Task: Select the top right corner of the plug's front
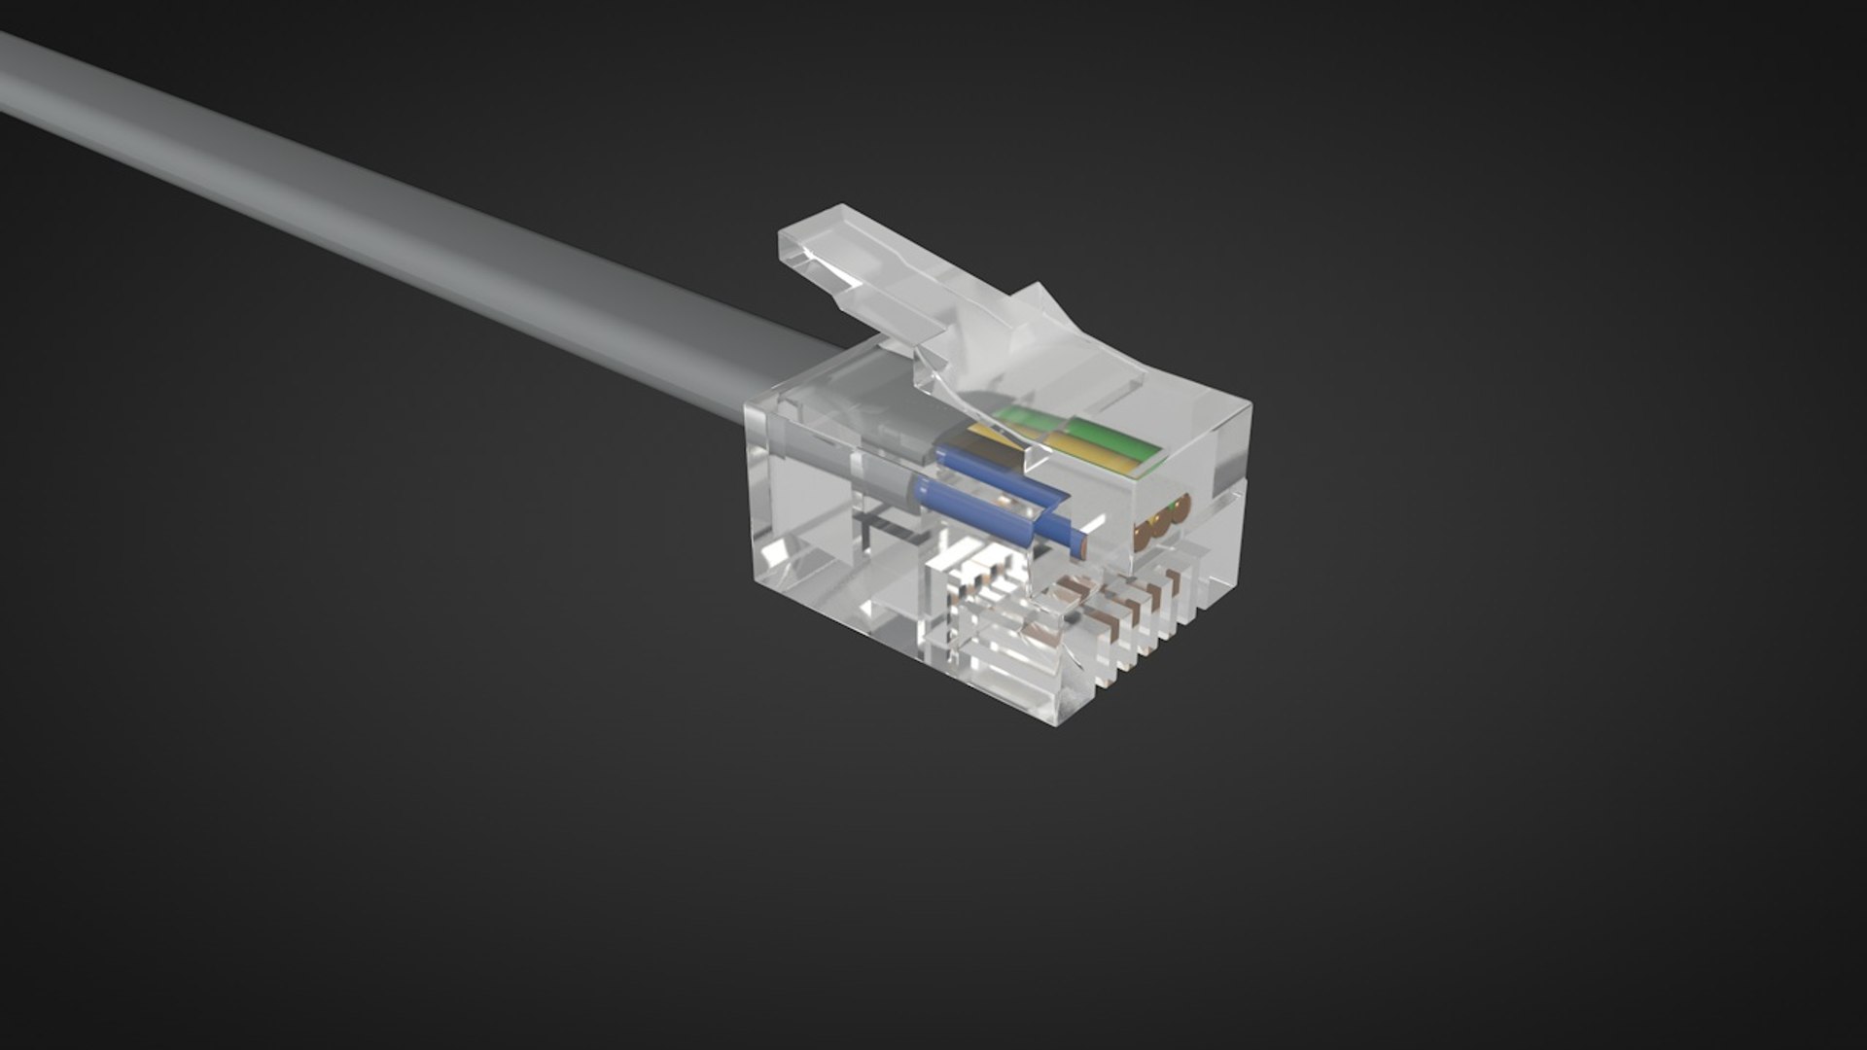[x=1249, y=408]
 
